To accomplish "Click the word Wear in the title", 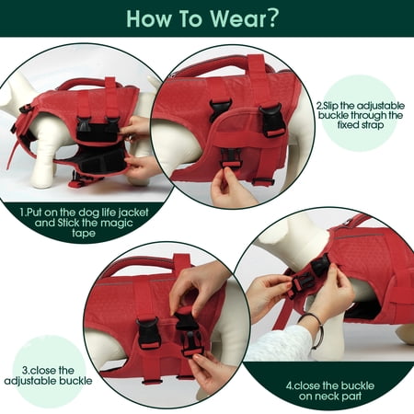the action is (x=238, y=18).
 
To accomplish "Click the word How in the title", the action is (x=148, y=18).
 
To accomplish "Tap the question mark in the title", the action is (x=272, y=18).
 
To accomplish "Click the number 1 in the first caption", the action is (x=22, y=213).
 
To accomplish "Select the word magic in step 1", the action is (x=117, y=223).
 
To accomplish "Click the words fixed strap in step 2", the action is (x=361, y=125).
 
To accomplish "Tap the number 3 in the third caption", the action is (x=25, y=371).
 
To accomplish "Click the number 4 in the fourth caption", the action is (x=289, y=385).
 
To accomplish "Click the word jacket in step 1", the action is (x=133, y=213).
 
